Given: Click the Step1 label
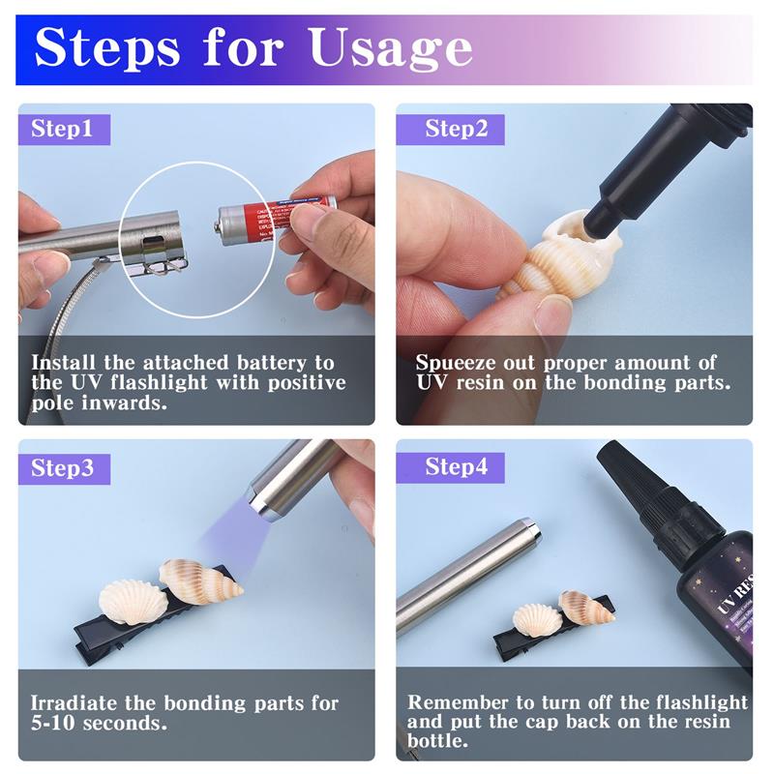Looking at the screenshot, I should tap(63, 129).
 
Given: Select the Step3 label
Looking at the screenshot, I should tap(63, 468).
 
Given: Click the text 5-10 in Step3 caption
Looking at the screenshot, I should tap(55, 723).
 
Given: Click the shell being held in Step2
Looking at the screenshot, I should tap(542, 256).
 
